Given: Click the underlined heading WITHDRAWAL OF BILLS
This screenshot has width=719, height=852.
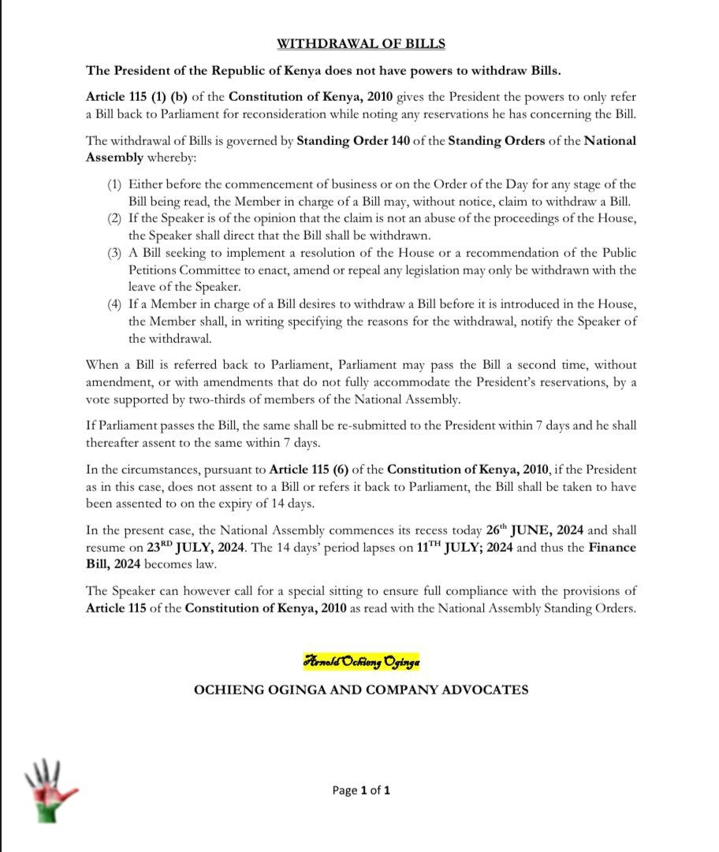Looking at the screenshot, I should pos(360,43).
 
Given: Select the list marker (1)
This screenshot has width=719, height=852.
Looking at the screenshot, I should pos(115,184).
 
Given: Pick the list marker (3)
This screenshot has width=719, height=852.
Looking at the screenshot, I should pos(115,252).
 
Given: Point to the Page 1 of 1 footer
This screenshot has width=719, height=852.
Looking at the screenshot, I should pos(361,790).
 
